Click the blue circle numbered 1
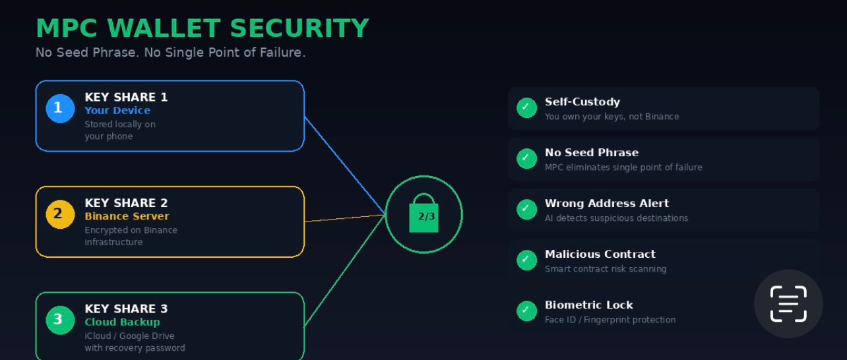pyautogui.click(x=60, y=109)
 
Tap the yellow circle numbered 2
pyautogui.click(x=60, y=214)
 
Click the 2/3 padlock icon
pyautogui.click(x=423, y=214)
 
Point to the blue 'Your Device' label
pyautogui.click(x=117, y=111)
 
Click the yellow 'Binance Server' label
pyautogui.click(x=127, y=216)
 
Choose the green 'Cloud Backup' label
pyautogui.click(x=122, y=322)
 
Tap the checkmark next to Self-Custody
pyautogui.click(x=526, y=107)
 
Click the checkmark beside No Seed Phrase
pyautogui.click(x=526, y=158)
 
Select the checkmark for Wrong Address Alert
pyautogui.click(x=526, y=209)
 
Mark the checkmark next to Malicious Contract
pyautogui.click(x=526, y=260)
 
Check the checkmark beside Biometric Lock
pyautogui.click(x=526, y=311)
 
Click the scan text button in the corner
pyautogui.click(x=788, y=304)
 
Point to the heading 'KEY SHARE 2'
pyautogui.click(x=126, y=203)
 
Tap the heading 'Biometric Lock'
pyautogui.click(x=588, y=305)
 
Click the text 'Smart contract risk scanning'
pyautogui.click(x=605, y=269)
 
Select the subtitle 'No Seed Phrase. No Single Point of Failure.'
pyautogui.click(x=170, y=52)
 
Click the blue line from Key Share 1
pyautogui.click(x=345, y=165)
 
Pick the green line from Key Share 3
pyautogui.click(x=345, y=270)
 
